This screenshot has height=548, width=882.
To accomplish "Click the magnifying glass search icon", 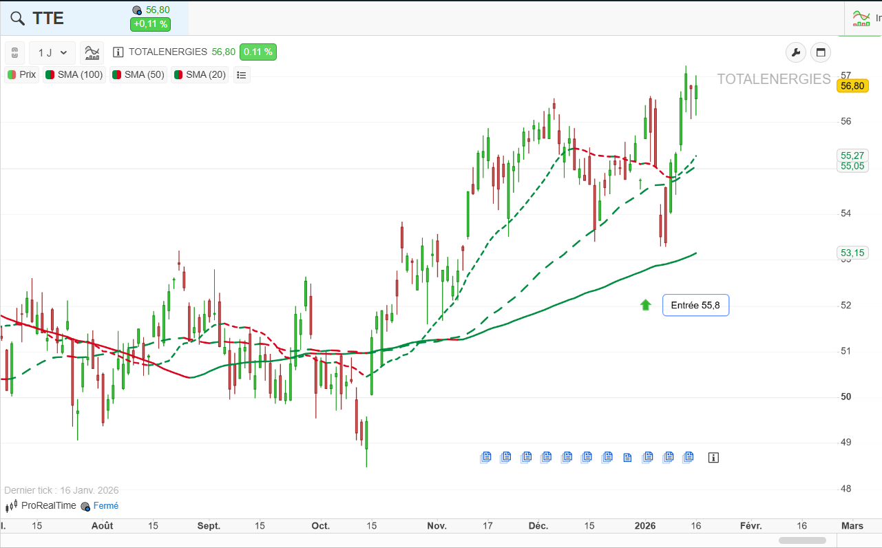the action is coord(17,18).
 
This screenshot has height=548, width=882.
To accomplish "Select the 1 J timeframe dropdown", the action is coord(52,53).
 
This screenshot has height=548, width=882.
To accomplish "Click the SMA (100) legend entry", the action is coord(74,75).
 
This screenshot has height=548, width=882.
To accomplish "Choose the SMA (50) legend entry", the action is coord(138,75).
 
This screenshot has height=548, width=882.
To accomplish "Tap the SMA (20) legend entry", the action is coord(200,75).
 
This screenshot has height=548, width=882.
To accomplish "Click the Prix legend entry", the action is coord(22,75).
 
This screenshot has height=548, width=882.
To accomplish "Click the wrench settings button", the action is coord(796,52).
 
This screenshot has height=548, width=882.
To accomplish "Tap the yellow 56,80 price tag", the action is coord(852,86).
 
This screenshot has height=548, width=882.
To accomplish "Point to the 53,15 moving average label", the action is coord(852,253).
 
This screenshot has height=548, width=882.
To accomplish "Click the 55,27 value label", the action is coord(852,156).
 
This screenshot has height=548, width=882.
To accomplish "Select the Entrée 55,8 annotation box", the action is coord(696,305).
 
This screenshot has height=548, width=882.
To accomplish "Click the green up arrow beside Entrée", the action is coord(646,305).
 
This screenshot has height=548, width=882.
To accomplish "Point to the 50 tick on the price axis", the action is coord(846,397).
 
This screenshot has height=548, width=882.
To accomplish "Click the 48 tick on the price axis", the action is coord(846,489).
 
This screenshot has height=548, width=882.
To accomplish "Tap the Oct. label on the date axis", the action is coord(321,526).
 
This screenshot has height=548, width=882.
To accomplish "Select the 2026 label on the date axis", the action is coord(645,526).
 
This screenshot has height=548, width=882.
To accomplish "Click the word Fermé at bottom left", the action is coord(106,506).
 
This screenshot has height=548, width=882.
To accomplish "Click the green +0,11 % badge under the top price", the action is coord(150,24).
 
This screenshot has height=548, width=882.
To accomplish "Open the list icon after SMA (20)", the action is coord(242,75).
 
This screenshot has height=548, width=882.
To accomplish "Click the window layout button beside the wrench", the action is coord(821,52).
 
